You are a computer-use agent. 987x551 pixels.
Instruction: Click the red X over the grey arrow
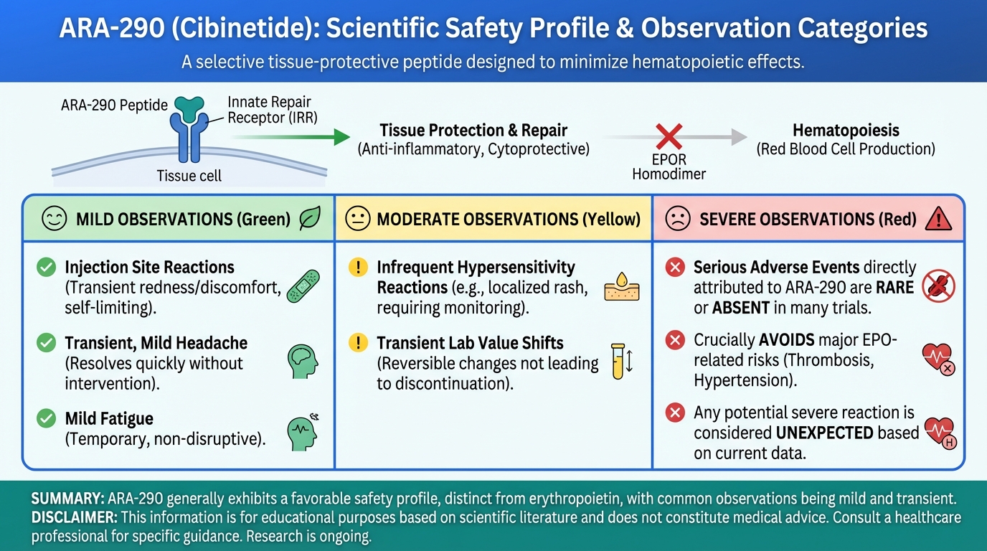[669, 136]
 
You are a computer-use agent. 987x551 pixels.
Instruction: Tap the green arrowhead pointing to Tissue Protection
[341, 137]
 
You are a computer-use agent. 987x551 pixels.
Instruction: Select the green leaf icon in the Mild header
[310, 218]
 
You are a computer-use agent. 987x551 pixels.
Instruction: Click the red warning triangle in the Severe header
[938, 219]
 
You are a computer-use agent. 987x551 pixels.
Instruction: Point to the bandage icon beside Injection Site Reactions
[303, 286]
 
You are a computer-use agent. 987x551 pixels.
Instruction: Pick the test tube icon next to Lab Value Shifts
[618, 362]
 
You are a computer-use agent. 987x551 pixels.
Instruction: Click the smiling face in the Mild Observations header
[55, 219]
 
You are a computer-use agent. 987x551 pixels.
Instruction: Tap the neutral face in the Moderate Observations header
[357, 219]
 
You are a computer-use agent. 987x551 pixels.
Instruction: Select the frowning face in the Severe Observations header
[678, 219]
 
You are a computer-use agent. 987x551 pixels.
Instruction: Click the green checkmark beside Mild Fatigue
[46, 418]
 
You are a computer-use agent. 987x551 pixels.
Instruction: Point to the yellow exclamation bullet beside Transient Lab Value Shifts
[358, 342]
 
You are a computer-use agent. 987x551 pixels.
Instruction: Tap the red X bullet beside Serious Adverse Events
[675, 267]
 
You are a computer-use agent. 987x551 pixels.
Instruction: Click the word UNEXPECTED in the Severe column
[824, 433]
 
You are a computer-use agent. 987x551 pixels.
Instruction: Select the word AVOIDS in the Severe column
[786, 340]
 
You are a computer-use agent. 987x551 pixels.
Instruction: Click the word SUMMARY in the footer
[67, 499]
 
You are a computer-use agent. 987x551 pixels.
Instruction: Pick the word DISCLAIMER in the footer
[74, 517]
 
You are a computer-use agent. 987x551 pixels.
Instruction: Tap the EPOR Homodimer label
[669, 166]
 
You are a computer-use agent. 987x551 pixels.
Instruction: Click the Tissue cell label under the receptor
[189, 176]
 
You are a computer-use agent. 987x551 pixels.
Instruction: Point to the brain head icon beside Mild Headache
[303, 362]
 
